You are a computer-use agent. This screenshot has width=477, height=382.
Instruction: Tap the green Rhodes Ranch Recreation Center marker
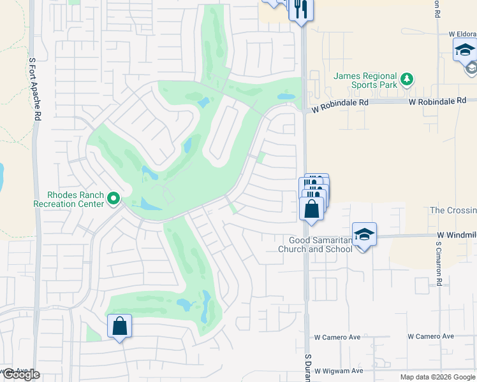click(x=114, y=199)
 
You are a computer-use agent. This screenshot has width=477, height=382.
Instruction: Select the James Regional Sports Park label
click(x=365, y=80)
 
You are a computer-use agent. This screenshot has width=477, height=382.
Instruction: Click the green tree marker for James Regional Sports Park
click(x=406, y=80)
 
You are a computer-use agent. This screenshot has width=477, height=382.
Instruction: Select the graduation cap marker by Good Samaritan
click(x=364, y=234)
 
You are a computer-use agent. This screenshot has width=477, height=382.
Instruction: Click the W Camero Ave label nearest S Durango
click(x=338, y=337)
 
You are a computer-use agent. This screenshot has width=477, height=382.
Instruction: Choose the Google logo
click(x=20, y=374)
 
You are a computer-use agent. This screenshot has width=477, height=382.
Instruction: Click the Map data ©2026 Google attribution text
click(x=437, y=377)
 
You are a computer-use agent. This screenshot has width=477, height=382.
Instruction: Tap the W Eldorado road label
click(x=462, y=34)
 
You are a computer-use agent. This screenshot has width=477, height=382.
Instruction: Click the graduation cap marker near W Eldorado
click(x=465, y=49)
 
